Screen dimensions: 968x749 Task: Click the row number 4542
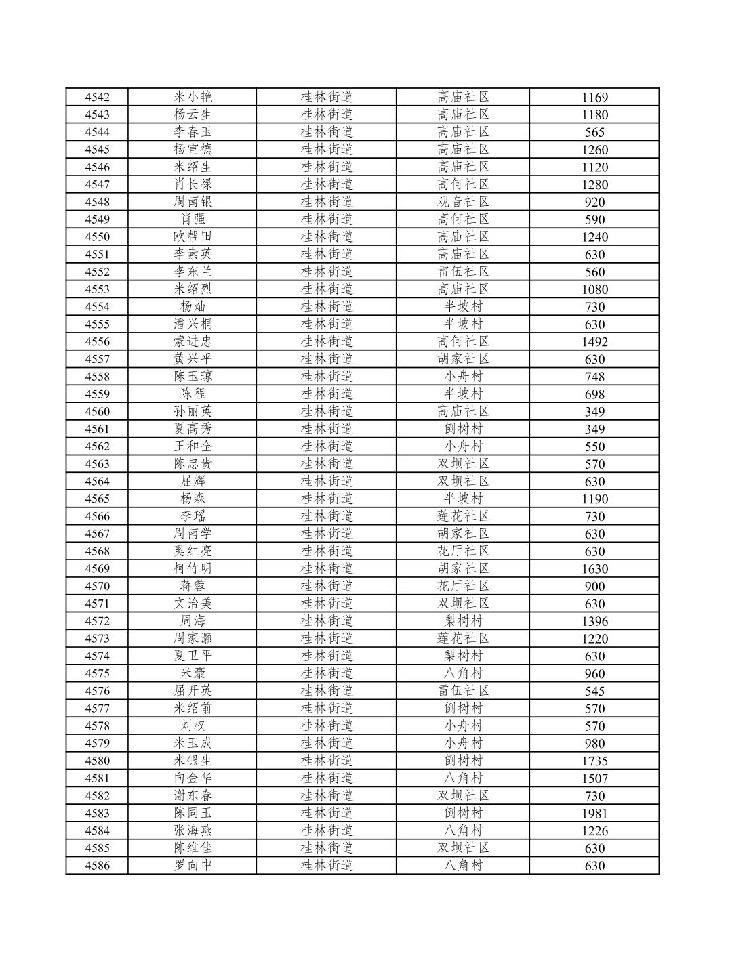[x=97, y=97]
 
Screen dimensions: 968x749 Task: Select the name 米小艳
[x=193, y=97]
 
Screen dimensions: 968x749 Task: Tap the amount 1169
[x=594, y=98]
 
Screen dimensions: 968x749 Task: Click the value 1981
[x=594, y=814]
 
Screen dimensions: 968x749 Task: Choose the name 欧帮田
[x=193, y=236]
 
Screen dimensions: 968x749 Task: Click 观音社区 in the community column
[x=463, y=202]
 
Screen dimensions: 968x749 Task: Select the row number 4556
[x=97, y=341]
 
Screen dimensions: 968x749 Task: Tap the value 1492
[x=594, y=342]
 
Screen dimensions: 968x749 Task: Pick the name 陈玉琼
[x=193, y=377]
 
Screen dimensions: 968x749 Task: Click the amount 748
[x=594, y=377]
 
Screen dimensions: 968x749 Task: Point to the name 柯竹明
[x=193, y=568]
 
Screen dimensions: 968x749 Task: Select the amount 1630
[x=594, y=569]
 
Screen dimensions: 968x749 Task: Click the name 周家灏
[x=193, y=638]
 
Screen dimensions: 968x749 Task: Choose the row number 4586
[x=97, y=866]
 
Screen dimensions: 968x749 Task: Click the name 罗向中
[x=193, y=866]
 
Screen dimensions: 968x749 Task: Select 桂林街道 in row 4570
[x=327, y=586]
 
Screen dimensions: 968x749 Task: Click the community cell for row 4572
[x=463, y=621]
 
